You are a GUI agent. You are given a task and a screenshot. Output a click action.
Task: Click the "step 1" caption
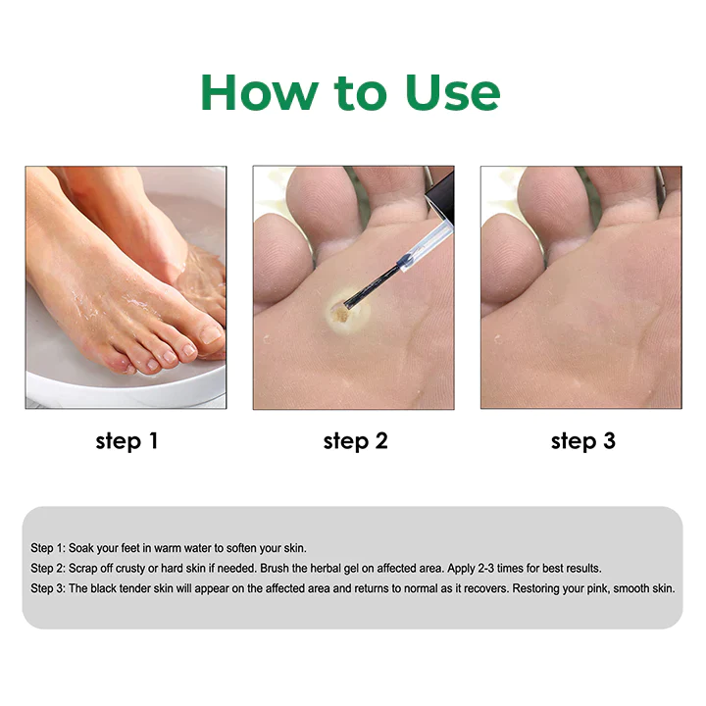[126, 441]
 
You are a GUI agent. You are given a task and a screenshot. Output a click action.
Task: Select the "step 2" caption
[355, 441]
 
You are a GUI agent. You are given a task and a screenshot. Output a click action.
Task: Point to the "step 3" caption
[582, 441]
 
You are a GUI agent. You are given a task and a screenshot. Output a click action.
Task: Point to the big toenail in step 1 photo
[211, 333]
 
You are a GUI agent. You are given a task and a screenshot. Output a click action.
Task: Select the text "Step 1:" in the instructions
[48, 548]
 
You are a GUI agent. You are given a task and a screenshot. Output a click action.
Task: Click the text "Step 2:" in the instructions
[48, 569]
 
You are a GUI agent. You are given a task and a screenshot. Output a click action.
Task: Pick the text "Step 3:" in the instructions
[48, 589]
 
